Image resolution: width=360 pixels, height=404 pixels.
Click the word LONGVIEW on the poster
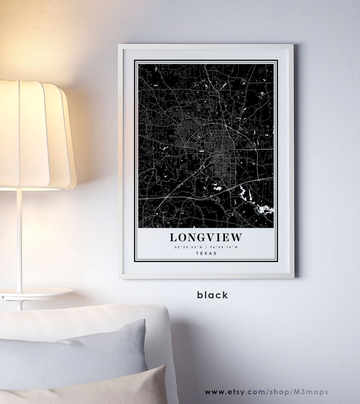[206, 237]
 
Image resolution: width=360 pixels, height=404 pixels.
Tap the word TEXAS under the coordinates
[206, 253]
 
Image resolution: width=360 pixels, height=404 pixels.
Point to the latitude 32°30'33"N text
[188, 247]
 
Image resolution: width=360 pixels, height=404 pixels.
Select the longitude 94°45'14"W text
[224, 247]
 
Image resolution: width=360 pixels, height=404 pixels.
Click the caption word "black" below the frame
[212, 295]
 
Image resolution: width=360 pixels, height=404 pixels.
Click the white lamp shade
[36, 136]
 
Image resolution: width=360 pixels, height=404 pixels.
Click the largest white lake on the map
[263, 209]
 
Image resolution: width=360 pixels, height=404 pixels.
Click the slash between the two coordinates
[206, 247]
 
